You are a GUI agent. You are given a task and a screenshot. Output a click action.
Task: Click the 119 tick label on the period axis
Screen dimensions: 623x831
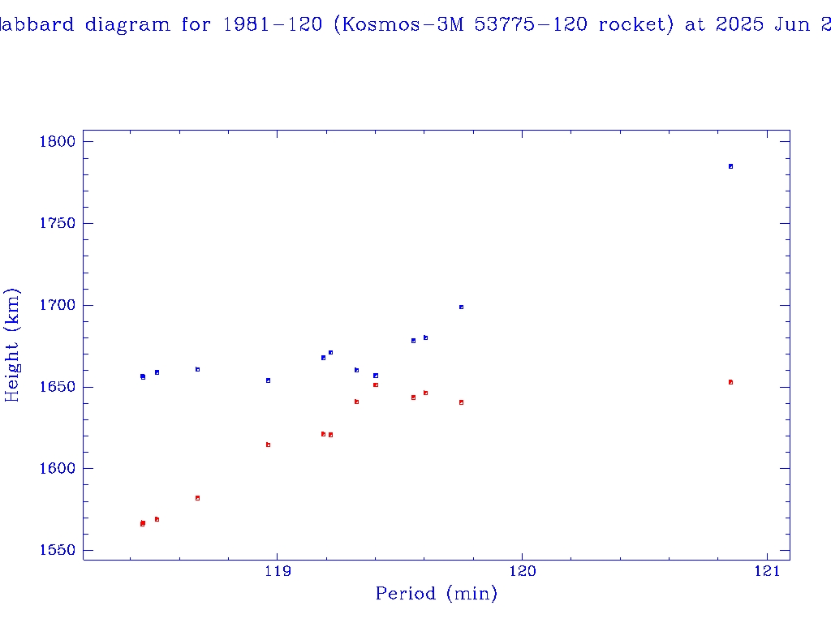(x=278, y=571)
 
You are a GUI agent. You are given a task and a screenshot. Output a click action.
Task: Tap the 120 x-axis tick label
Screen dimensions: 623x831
(x=522, y=571)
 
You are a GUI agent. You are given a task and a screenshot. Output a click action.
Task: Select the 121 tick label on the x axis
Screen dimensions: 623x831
(x=767, y=571)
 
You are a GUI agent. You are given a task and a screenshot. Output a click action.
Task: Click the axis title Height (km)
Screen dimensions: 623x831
(x=12, y=345)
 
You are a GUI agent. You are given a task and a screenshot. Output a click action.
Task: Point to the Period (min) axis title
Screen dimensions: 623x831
(x=436, y=595)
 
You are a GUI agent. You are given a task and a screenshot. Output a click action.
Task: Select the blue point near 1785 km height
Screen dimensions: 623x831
(x=730, y=166)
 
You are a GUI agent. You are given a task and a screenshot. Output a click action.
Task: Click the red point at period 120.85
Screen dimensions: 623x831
(x=730, y=382)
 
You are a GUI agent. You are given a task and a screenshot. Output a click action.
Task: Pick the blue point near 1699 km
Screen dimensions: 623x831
(x=461, y=307)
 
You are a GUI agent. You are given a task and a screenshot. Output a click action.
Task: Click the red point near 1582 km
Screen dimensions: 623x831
(x=197, y=498)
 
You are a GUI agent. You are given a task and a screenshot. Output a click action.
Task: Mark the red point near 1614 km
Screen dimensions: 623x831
(x=268, y=445)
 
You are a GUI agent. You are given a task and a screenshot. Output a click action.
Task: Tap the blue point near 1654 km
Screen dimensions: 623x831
(x=268, y=380)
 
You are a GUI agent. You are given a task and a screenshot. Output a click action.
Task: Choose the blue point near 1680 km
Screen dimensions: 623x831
(x=425, y=337)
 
